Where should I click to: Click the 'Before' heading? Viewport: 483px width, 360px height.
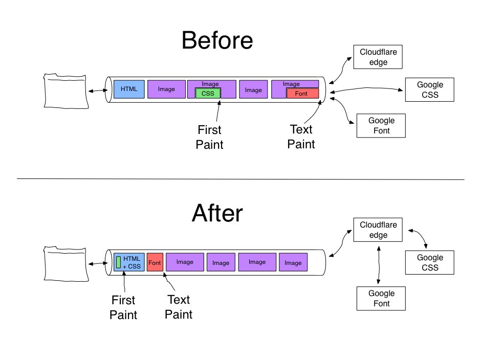(x=217, y=41)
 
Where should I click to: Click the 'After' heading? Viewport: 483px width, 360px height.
(x=217, y=214)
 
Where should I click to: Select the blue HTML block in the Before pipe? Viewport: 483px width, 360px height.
(x=129, y=89)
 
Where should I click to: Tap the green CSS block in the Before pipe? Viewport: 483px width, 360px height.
(x=208, y=93)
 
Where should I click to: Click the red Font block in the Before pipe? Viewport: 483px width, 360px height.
(x=302, y=94)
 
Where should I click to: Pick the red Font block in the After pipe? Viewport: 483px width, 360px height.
(x=155, y=262)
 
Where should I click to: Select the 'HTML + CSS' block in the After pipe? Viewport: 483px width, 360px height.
(x=129, y=262)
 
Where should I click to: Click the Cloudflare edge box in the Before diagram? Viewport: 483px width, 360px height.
(x=378, y=57)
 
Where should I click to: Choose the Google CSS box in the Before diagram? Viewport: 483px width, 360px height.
(x=429, y=89)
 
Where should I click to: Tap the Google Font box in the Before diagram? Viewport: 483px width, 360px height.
(x=381, y=125)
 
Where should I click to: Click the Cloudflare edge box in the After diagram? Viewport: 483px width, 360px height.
(x=378, y=230)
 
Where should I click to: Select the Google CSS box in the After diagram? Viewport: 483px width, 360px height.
(x=429, y=262)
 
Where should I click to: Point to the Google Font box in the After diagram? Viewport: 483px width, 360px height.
(x=381, y=298)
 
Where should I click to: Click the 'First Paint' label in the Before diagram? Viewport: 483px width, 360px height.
(x=210, y=137)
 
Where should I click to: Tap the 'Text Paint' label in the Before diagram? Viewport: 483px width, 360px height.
(x=301, y=137)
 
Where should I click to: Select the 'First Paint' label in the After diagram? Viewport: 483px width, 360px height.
(x=124, y=307)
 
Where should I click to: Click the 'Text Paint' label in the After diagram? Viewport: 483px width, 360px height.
(x=179, y=307)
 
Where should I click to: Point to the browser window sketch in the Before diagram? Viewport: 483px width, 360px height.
(x=65, y=91)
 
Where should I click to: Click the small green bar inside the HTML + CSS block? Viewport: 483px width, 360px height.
(x=118, y=262)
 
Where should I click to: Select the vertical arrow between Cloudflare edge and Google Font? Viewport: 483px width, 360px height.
(x=378, y=263)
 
